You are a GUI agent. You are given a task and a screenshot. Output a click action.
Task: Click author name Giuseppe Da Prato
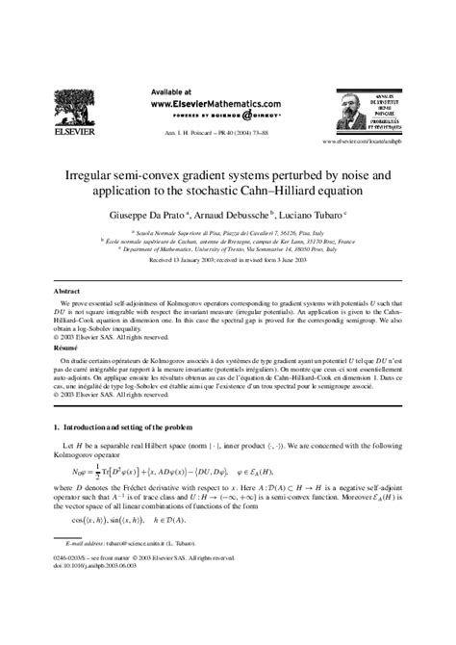pos(148,216)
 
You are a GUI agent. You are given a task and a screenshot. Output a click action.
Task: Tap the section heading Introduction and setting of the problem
pos(139,426)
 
